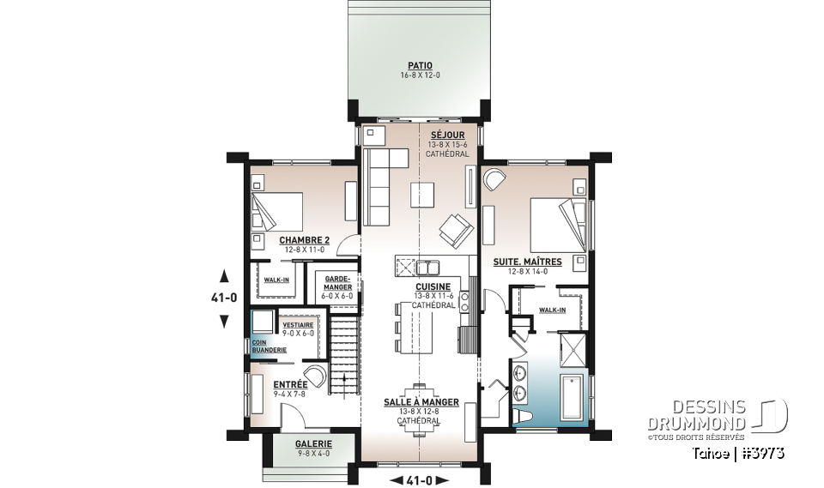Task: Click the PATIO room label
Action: click(420, 65)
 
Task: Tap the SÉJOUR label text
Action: click(447, 136)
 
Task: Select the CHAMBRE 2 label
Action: click(304, 240)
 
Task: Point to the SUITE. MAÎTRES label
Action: click(527, 262)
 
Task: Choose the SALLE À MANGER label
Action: click(421, 402)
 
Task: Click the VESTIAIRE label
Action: click(298, 325)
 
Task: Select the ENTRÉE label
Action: click(290, 385)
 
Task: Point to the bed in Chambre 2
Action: click(279, 210)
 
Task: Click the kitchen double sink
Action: click(430, 264)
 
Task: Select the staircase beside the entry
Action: click(343, 352)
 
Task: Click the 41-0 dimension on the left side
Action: click(224, 298)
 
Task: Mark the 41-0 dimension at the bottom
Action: click(420, 480)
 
